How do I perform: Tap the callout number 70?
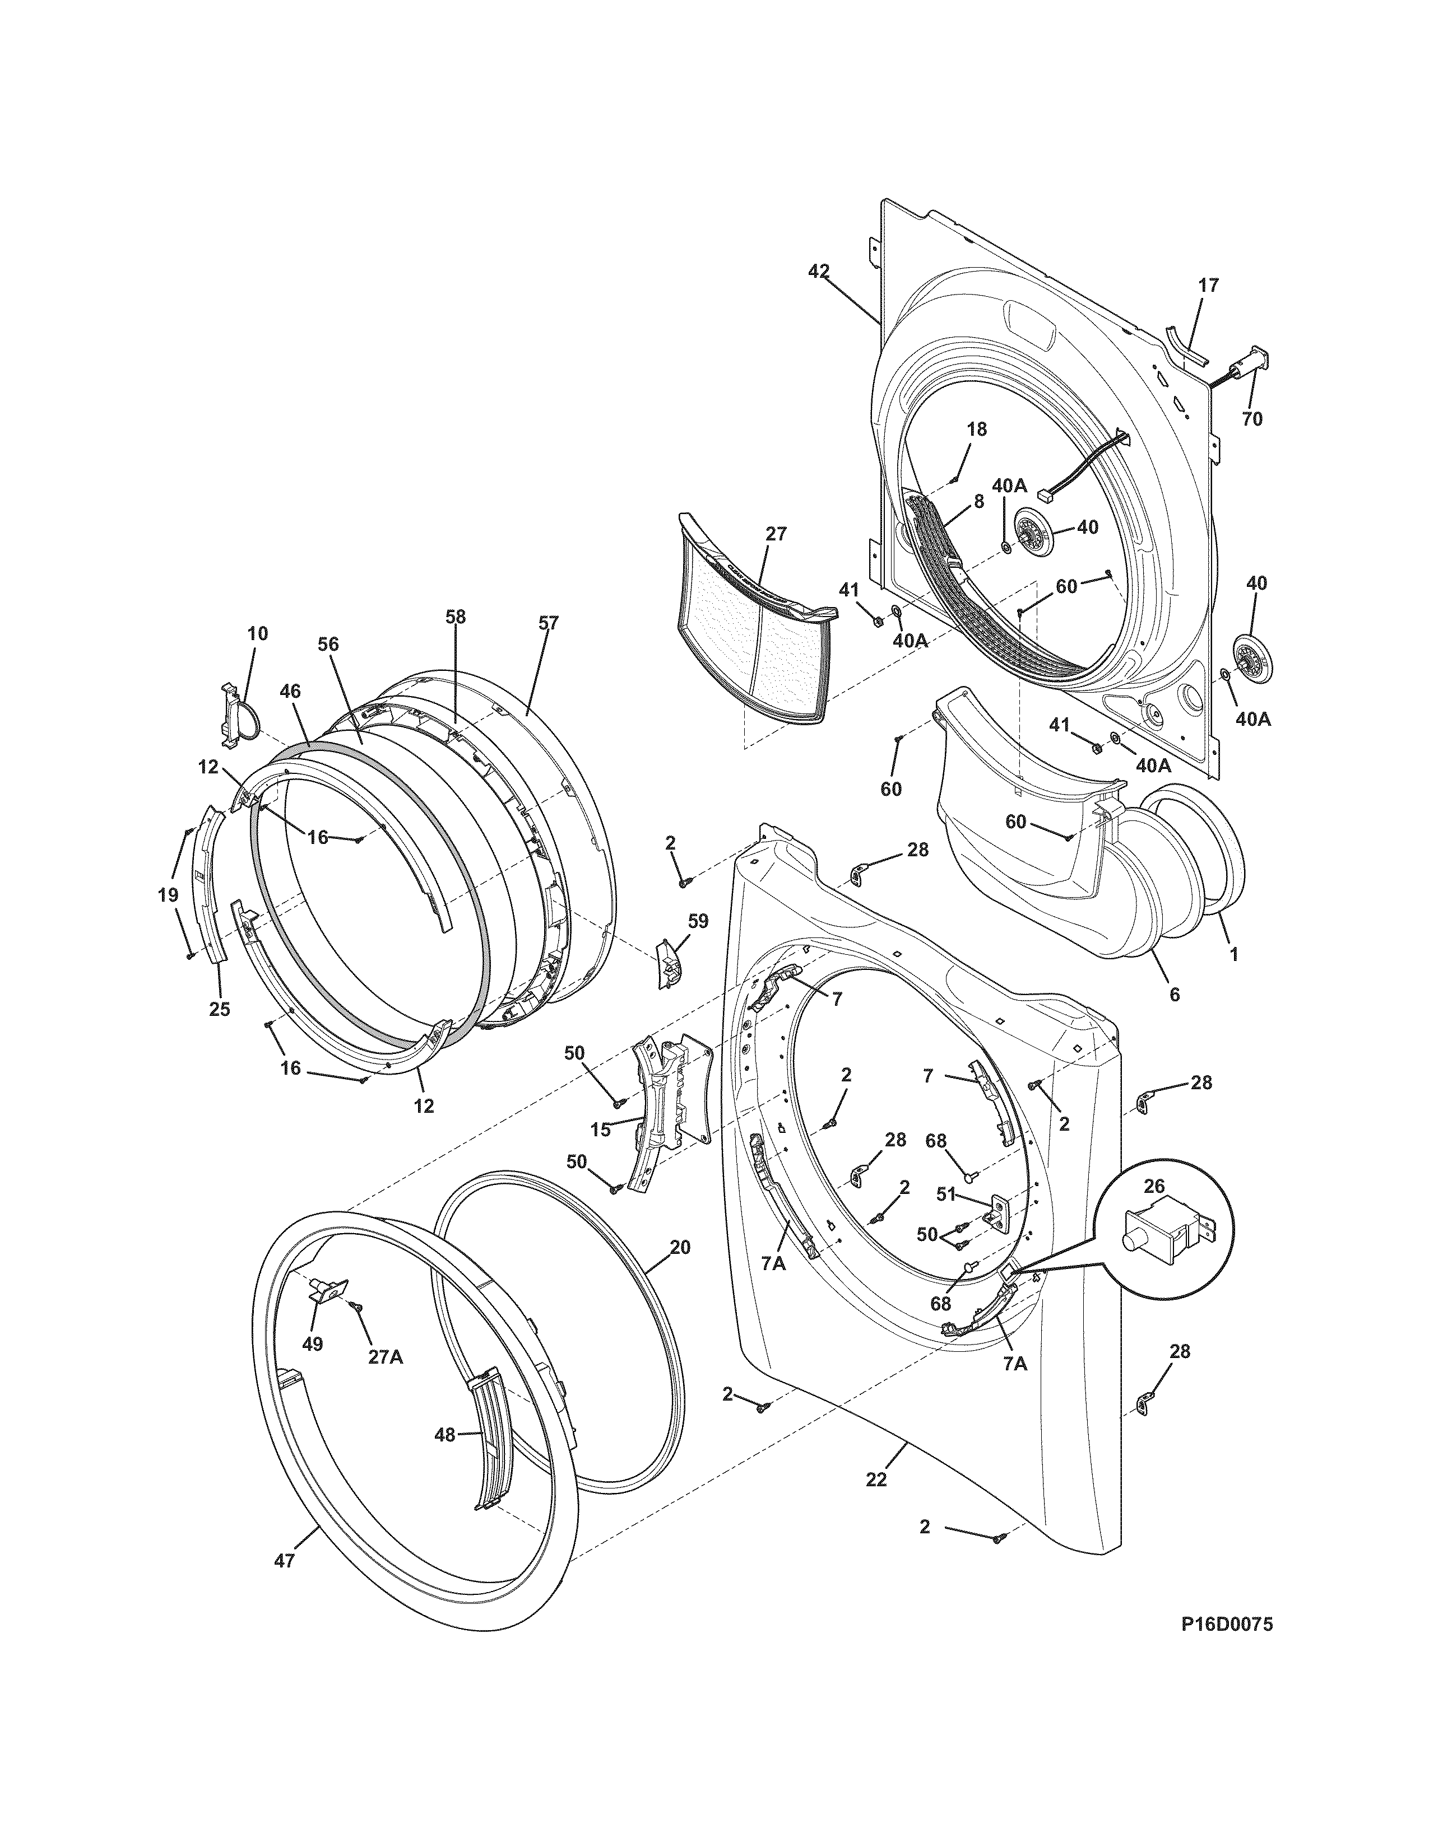click(x=1251, y=418)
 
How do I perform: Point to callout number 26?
click(x=1154, y=1186)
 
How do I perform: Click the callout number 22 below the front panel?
click(x=876, y=1479)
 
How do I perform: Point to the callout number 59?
click(x=698, y=921)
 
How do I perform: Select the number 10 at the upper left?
click(x=257, y=633)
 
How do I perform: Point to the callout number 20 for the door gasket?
click(x=680, y=1247)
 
